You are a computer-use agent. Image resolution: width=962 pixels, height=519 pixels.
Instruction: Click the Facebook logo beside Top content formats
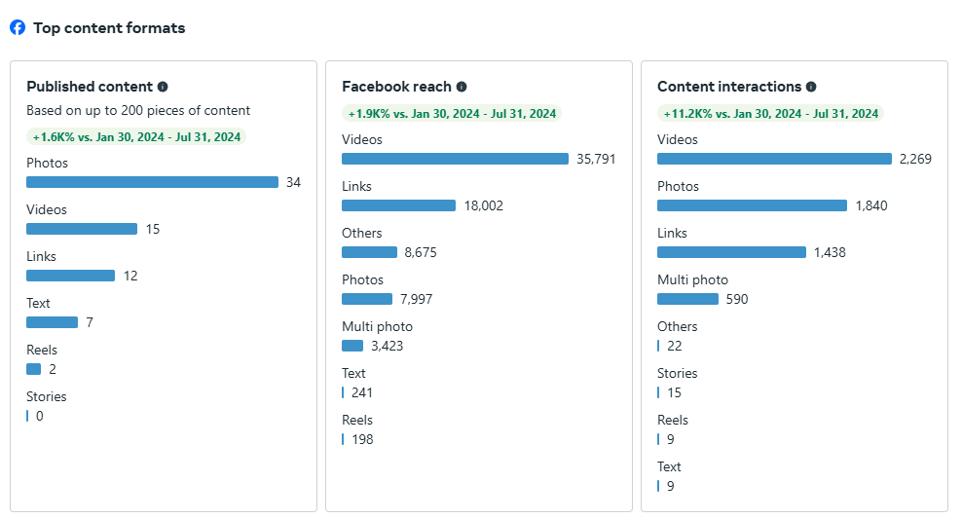click(x=18, y=27)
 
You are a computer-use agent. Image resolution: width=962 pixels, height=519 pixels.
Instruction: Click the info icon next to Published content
click(x=163, y=87)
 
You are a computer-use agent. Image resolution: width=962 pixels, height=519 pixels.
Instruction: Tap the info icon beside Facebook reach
click(x=462, y=87)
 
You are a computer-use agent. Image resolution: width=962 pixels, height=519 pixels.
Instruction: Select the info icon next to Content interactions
click(x=811, y=87)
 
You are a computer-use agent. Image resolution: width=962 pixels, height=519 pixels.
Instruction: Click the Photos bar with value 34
click(x=152, y=182)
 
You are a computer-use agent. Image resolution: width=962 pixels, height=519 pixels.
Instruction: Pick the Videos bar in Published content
click(x=82, y=229)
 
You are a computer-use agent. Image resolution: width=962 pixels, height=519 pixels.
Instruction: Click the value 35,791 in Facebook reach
click(x=596, y=159)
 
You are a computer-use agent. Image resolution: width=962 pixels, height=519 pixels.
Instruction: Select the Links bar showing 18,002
click(x=398, y=205)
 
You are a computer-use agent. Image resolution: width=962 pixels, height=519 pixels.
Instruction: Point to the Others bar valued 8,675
click(x=369, y=252)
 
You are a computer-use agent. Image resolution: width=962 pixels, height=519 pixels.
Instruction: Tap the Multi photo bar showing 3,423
click(x=352, y=346)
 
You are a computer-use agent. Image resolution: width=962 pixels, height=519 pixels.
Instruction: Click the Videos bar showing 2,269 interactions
click(x=774, y=159)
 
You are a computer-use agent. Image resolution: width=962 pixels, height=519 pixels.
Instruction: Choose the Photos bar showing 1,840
click(x=752, y=205)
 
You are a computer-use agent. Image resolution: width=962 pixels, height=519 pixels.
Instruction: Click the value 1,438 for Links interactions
click(x=830, y=252)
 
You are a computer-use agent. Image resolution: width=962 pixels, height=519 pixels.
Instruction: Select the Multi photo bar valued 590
click(x=687, y=299)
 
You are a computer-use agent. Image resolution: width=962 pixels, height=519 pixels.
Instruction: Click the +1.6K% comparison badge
click(x=136, y=137)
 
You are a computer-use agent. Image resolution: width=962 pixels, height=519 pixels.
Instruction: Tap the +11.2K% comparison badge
click(x=771, y=114)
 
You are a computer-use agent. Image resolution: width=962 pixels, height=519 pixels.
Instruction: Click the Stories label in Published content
click(x=47, y=396)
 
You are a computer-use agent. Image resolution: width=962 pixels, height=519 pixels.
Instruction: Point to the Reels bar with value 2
click(x=34, y=369)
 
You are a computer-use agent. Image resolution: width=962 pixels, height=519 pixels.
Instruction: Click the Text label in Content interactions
click(x=669, y=466)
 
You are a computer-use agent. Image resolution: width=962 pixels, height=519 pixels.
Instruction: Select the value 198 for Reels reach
click(x=362, y=439)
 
